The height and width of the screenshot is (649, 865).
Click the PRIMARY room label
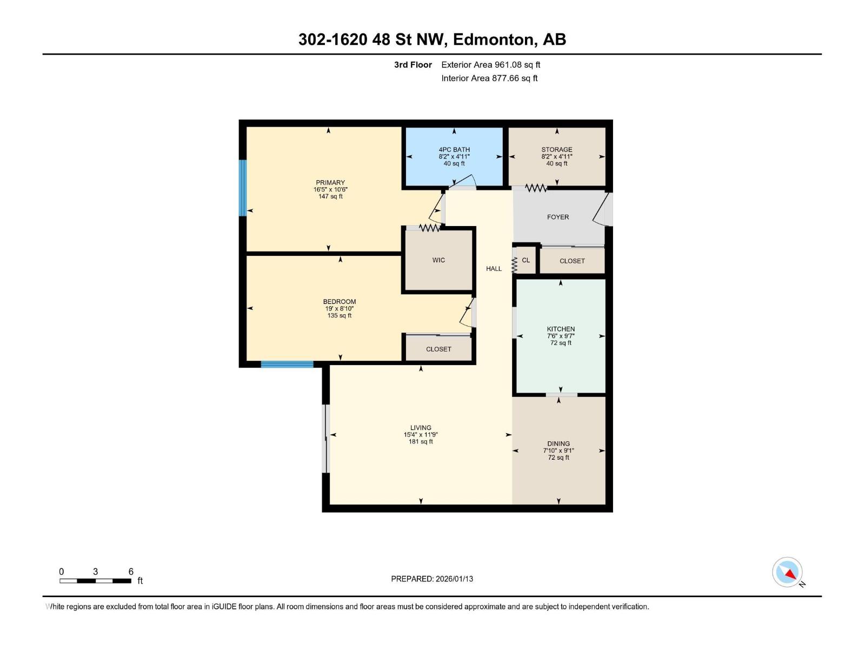[x=330, y=183]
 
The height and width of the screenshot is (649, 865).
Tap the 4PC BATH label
[x=454, y=150]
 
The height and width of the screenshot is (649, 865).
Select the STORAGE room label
[x=557, y=150]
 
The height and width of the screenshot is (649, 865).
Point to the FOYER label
[x=558, y=217]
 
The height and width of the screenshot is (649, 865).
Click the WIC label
[x=438, y=260]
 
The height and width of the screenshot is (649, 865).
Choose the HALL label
[x=494, y=269]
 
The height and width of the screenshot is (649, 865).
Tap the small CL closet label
[x=526, y=260]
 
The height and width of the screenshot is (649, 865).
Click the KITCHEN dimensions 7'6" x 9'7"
[x=561, y=336]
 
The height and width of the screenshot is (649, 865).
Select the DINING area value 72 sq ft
[x=558, y=458]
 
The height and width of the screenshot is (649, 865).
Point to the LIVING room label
[x=421, y=428]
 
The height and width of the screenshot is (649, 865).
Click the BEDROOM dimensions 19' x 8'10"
[x=340, y=309]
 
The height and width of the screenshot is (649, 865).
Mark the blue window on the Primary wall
[x=243, y=188]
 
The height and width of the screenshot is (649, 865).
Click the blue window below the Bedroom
[x=287, y=365]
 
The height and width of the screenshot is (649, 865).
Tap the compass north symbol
[x=788, y=573]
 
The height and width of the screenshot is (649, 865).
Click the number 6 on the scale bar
[x=131, y=572]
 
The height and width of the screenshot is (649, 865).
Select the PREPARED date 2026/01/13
[x=454, y=579]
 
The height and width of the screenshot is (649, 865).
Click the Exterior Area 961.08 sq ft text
[x=490, y=65]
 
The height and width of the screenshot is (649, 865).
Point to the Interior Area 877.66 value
[x=505, y=78]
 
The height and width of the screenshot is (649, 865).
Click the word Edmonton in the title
[x=493, y=39]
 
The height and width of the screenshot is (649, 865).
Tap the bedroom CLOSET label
[x=438, y=349]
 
